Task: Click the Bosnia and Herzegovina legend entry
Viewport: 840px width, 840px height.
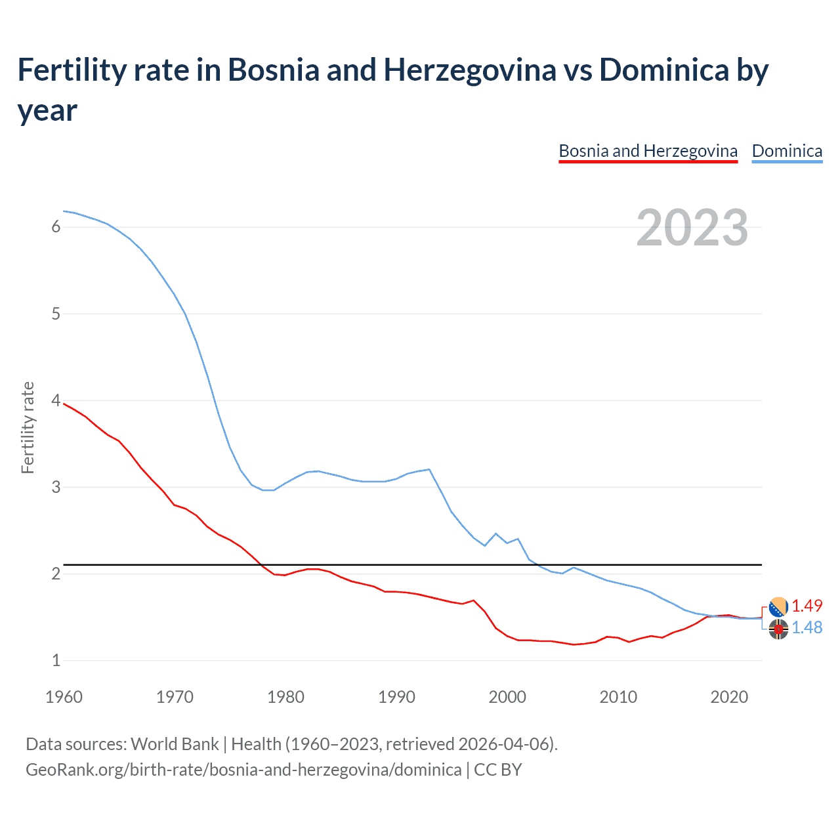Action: [648, 151]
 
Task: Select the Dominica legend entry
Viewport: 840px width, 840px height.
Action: [787, 151]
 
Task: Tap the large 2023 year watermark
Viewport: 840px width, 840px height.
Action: [692, 227]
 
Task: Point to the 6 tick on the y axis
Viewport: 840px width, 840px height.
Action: [56, 226]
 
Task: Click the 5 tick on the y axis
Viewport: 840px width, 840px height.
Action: [56, 314]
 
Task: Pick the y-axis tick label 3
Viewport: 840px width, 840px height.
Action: [56, 487]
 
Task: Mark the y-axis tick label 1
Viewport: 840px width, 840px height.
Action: [56, 660]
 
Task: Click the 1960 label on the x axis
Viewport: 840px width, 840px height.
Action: [64, 697]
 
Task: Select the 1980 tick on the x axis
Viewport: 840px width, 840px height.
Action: [285, 697]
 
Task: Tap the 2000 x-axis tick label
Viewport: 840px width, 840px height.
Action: [507, 697]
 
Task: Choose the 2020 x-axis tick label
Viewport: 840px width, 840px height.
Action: [729, 697]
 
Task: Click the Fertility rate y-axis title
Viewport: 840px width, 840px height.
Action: [28, 427]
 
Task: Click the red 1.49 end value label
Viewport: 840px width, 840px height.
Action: [807, 606]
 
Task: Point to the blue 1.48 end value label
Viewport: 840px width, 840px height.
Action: [807, 628]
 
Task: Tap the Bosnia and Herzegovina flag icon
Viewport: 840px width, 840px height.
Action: [778, 606]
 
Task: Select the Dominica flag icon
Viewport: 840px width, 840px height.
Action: [778, 629]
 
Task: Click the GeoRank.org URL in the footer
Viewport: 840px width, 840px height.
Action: [243, 769]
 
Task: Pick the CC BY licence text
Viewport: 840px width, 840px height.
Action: [498, 769]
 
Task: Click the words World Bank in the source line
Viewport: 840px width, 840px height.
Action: [175, 744]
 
